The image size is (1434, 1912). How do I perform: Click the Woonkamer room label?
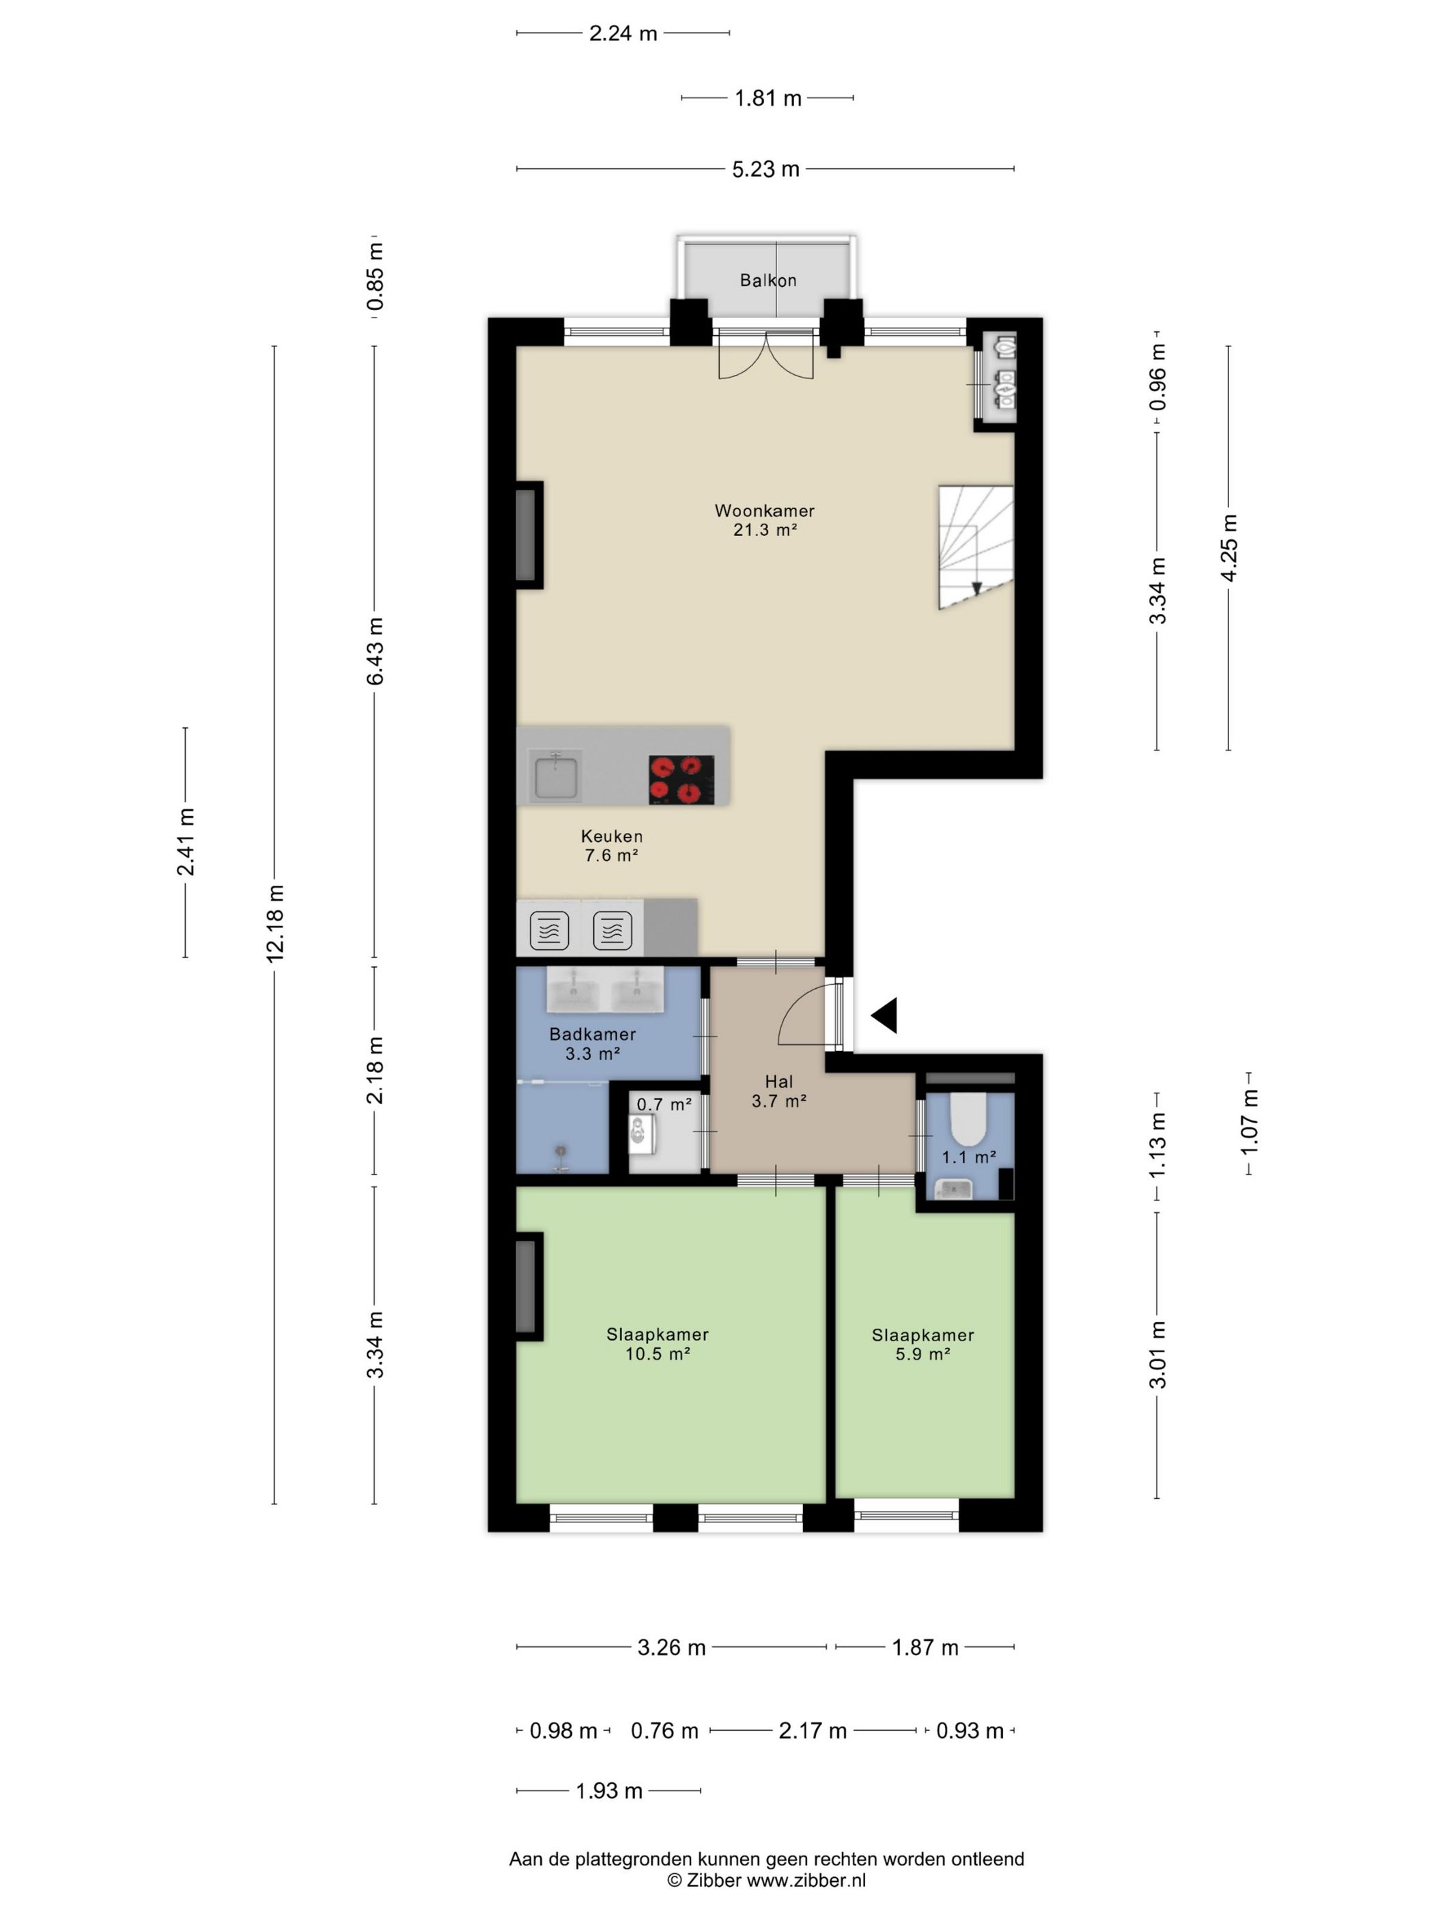[x=764, y=511]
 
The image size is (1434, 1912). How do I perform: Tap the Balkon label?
[x=768, y=280]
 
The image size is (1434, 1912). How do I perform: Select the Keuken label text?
[x=611, y=836]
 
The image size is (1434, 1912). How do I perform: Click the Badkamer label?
[x=592, y=1034]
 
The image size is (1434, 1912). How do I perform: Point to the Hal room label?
[x=779, y=1082]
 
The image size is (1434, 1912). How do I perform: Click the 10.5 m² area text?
[x=658, y=1353]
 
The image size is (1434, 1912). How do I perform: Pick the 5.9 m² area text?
[x=923, y=1353]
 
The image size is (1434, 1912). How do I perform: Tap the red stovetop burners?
[x=681, y=780]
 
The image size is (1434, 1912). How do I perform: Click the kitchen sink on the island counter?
[x=556, y=775]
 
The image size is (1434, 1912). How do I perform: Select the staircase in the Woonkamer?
[x=976, y=546]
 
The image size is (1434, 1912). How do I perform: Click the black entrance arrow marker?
[x=884, y=1015]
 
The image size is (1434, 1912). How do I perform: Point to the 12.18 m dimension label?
[x=275, y=923]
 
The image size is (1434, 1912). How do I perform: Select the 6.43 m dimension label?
[x=374, y=651]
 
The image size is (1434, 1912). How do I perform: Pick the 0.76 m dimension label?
[x=664, y=1730]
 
